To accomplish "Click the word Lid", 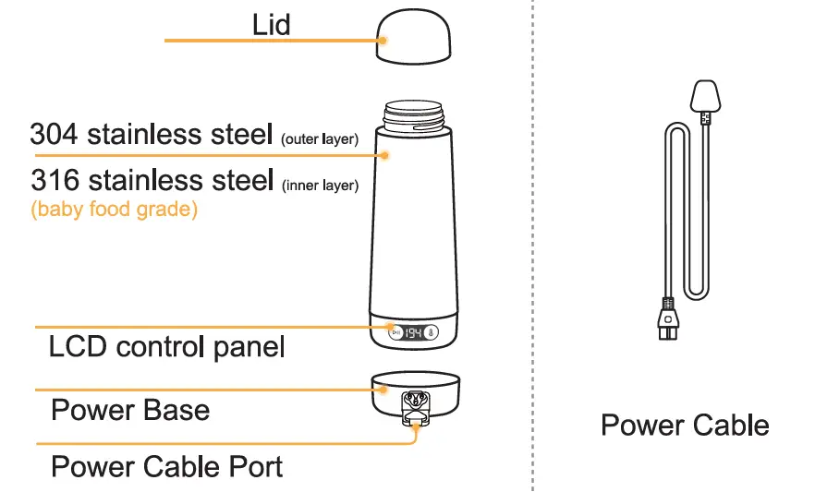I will (272, 24).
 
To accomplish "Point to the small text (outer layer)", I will (319, 139).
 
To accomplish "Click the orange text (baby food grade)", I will (114, 210).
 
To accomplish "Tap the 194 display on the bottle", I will (415, 333).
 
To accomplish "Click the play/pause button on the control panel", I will (396, 333).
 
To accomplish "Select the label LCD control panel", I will (166, 348).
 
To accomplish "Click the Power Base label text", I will (130, 410).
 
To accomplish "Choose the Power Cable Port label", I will (166, 466).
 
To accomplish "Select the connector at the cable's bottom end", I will (666, 321).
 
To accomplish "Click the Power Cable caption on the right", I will (685, 426).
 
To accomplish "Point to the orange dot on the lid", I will (382, 41).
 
